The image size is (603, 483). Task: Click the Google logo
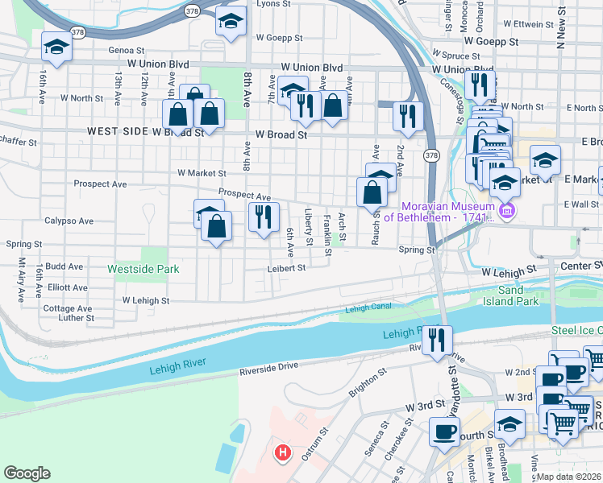coord(27,473)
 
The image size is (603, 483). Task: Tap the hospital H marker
coord(281,453)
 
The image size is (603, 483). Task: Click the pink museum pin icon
coord(506,212)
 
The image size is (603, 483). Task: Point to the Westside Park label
coord(143,269)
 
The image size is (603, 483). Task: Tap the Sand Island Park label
coord(517,295)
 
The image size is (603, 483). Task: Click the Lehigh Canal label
coord(368,308)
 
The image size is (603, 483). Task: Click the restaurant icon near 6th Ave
coord(264,217)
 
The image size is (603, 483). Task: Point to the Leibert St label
coord(287,268)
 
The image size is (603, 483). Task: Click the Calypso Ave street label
coord(69,221)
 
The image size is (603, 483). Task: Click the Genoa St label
coord(126,49)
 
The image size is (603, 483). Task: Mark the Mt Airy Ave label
coord(22,279)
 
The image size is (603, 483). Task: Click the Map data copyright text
coord(568,477)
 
